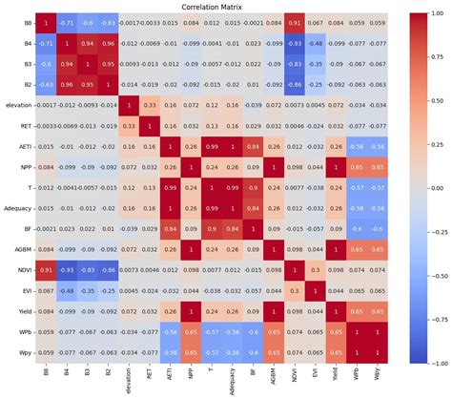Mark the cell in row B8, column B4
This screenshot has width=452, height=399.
point(65,23)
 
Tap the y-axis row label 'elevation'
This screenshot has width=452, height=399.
point(16,104)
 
